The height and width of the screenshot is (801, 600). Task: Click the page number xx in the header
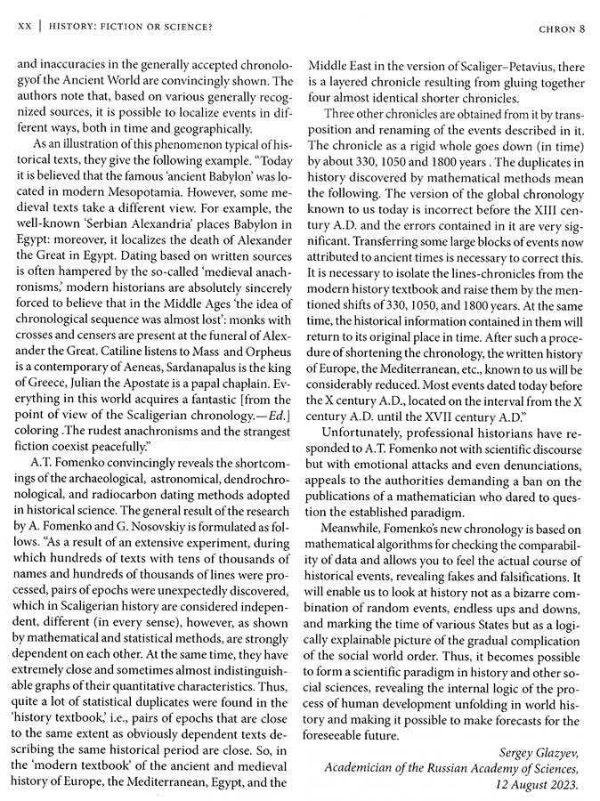(25, 28)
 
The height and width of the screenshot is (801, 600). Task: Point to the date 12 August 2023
(538, 786)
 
